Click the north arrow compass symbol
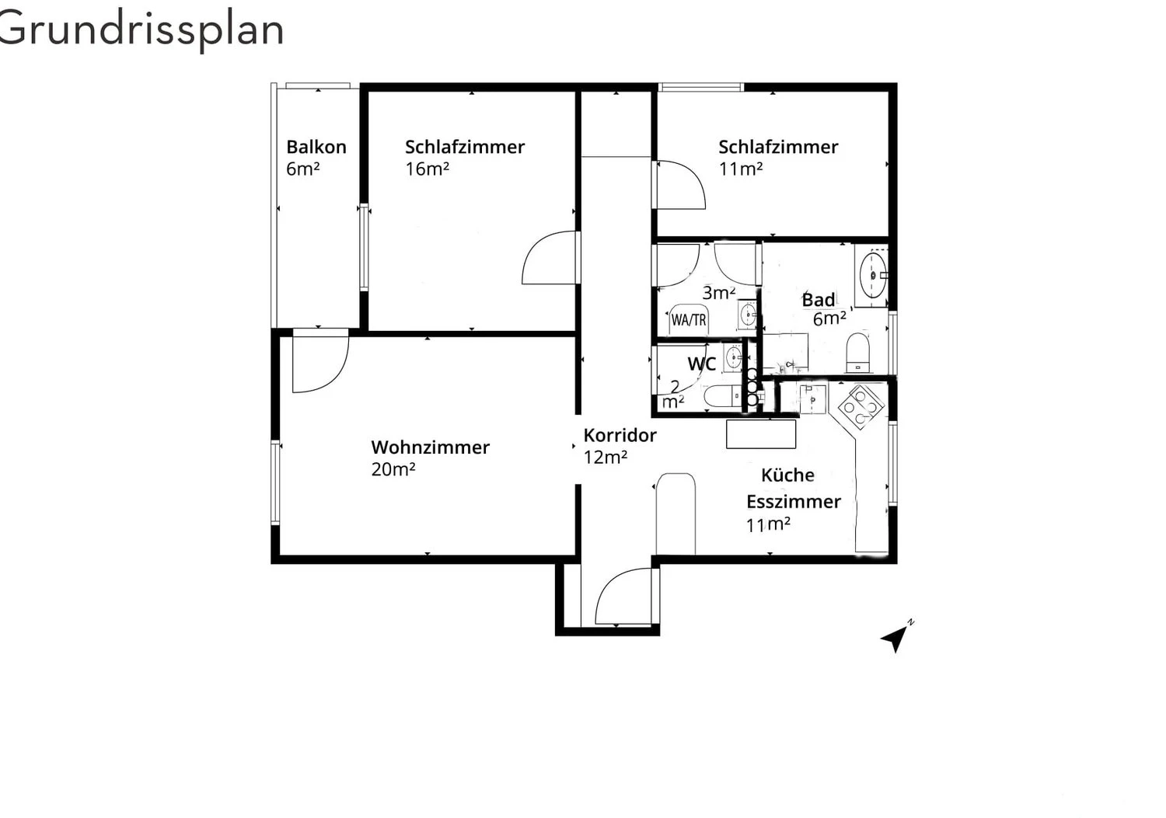896,638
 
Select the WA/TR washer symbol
689,319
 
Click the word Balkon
316,147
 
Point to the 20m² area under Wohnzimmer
393,469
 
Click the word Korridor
620,435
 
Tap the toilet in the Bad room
857,353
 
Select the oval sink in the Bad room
874,274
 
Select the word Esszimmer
793,502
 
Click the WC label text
701,364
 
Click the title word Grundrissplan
141,30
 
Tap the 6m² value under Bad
829,318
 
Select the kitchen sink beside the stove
812,398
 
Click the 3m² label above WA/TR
718,293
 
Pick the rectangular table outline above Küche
761,434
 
